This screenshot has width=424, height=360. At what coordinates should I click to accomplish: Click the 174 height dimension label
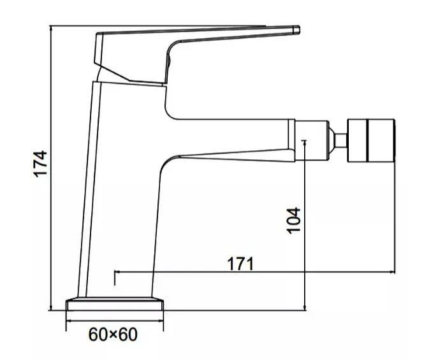click(x=40, y=164)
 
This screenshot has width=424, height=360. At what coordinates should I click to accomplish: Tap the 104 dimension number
click(x=293, y=220)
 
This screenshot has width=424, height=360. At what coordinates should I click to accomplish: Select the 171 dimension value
click(x=240, y=264)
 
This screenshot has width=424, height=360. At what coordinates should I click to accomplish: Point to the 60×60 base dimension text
click(x=113, y=335)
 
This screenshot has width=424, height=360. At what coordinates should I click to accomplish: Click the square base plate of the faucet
click(x=115, y=304)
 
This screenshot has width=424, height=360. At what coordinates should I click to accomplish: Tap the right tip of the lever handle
click(x=299, y=30)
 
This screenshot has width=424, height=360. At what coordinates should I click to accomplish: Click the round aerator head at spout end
click(x=371, y=141)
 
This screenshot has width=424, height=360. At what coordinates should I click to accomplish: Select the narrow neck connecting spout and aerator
click(x=340, y=141)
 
